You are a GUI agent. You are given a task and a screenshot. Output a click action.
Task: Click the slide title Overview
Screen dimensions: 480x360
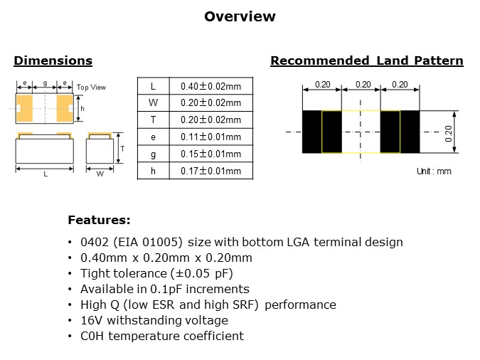click(x=240, y=16)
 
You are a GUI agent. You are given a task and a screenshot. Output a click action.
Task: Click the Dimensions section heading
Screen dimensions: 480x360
click(x=53, y=61)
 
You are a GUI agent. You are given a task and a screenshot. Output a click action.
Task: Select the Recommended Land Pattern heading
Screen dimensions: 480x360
click(x=366, y=61)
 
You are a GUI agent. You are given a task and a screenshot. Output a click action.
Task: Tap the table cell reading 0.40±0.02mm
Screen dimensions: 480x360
click(x=210, y=86)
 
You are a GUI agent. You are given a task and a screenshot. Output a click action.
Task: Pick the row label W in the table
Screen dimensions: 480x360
click(x=153, y=103)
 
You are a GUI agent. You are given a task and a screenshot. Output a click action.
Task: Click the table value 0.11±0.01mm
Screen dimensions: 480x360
click(x=210, y=137)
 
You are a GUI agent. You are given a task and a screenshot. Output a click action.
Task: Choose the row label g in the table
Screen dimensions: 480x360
click(x=153, y=154)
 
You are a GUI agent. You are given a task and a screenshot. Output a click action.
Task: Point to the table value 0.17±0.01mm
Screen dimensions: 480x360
click(x=210, y=171)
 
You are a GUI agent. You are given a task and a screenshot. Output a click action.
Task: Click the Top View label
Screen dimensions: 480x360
click(x=91, y=88)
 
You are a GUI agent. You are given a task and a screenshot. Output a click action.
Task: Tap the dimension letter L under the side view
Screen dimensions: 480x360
click(x=46, y=174)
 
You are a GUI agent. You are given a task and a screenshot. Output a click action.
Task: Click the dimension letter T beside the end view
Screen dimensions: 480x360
click(x=122, y=149)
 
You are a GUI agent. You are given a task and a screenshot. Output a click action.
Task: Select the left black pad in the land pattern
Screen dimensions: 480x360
click(x=312, y=132)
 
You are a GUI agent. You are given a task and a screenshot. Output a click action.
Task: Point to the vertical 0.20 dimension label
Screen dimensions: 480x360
click(x=448, y=132)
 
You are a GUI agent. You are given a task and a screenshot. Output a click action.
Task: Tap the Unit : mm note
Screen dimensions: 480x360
click(x=433, y=171)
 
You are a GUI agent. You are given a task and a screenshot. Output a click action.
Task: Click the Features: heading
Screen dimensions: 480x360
click(x=99, y=220)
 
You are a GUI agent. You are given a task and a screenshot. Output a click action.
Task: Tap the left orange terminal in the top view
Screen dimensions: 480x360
click(x=25, y=107)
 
